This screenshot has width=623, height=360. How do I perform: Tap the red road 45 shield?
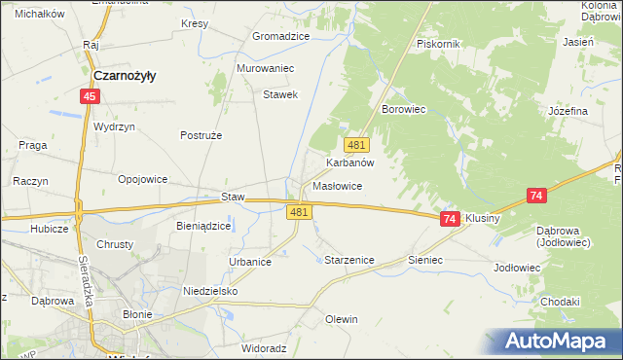(90, 96)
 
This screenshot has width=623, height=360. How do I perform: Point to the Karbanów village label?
(350, 163)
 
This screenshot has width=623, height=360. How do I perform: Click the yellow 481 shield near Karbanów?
(356, 144)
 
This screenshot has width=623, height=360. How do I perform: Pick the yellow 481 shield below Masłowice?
(299, 211)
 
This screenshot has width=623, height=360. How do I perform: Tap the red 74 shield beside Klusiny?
(450, 220)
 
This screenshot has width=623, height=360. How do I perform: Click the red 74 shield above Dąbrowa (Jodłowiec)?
(536, 196)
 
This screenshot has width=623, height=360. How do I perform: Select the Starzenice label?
(348, 261)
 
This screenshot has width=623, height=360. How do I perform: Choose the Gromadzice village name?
(280, 36)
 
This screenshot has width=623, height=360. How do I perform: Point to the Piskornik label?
(437, 44)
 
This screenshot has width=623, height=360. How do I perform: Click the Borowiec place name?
(405, 110)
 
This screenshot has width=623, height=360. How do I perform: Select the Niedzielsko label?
(210, 290)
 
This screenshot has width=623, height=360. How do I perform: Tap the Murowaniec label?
(266, 69)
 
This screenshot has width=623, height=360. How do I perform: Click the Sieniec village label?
(425, 261)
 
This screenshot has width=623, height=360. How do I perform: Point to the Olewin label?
(342, 319)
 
